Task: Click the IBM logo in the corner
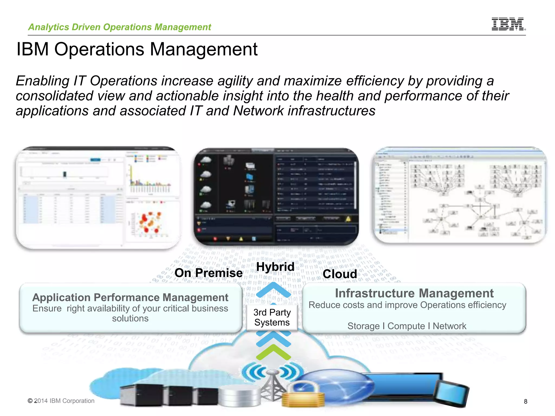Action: point(508,24)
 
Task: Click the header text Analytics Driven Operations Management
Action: point(120,27)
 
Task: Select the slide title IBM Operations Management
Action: point(137,49)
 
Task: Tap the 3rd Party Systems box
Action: point(272,317)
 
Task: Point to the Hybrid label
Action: point(275,267)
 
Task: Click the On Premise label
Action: point(208,273)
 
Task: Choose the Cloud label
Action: point(340,274)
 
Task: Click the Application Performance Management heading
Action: point(130,297)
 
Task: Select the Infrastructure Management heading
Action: point(414,293)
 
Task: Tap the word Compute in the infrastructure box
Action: point(406,326)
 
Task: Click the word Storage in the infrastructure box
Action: point(363,326)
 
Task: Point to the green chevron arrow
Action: point(273,352)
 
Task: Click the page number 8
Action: point(525,401)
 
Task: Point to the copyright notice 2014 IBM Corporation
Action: point(61,401)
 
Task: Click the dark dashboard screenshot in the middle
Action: point(276,196)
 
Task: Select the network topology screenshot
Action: point(460,195)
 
